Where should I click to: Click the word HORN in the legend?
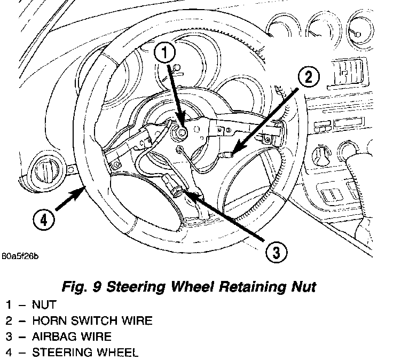[48, 322]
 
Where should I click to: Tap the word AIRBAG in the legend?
[53, 337]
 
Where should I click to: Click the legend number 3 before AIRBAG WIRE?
[9, 337]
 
